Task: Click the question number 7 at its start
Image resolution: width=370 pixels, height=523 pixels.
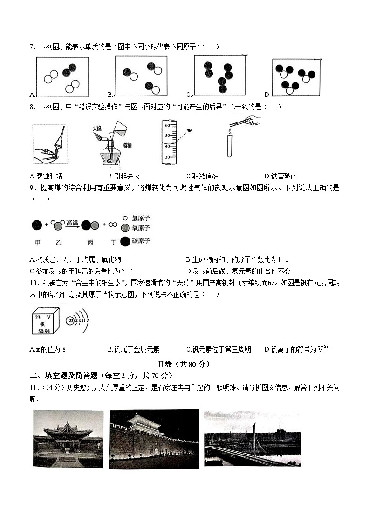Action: click(x=31, y=47)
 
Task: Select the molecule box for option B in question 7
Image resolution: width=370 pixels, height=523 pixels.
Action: click(x=141, y=75)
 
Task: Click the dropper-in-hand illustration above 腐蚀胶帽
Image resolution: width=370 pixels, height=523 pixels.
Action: click(x=50, y=144)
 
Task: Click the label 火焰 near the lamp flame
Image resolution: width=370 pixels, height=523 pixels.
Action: click(x=96, y=128)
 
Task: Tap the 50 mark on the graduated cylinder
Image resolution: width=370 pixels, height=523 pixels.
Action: click(x=167, y=136)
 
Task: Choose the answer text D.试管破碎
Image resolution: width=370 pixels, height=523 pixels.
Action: click(x=281, y=176)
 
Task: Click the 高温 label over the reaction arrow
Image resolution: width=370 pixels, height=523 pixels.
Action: click(x=72, y=223)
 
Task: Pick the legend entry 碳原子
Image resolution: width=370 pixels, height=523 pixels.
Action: click(x=141, y=241)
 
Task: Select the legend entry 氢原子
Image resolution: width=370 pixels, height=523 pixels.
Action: click(x=141, y=218)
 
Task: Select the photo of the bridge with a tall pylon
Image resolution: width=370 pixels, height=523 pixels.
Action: click(x=252, y=438)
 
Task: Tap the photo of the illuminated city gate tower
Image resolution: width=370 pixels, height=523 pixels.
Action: click(x=154, y=439)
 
